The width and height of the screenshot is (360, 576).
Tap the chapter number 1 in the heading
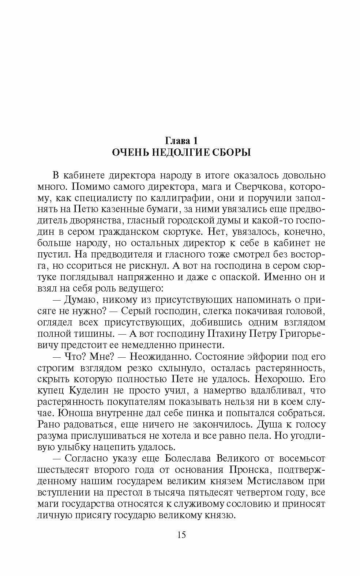point(196,140)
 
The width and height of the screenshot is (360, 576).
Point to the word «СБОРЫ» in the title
point(232,153)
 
